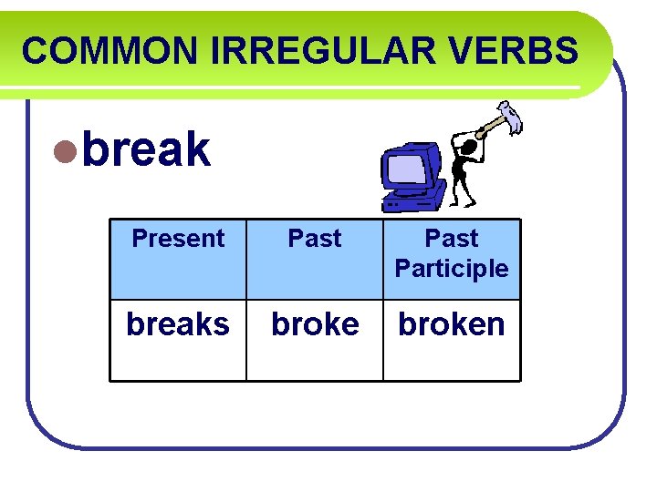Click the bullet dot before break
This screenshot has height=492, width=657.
pyautogui.click(x=63, y=151)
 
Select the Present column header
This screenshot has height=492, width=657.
pyautogui.click(x=178, y=239)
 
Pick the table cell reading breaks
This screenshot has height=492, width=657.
pyautogui.click(x=178, y=324)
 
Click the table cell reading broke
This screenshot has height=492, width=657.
pyautogui.click(x=315, y=324)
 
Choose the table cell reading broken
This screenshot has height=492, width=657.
pyautogui.click(x=452, y=324)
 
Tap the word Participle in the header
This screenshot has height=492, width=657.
pyautogui.click(x=452, y=269)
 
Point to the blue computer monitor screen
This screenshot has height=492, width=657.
pyautogui.click(x=406, y=169)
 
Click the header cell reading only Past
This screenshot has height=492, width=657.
pyautogui.click(x=315, y=239)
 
